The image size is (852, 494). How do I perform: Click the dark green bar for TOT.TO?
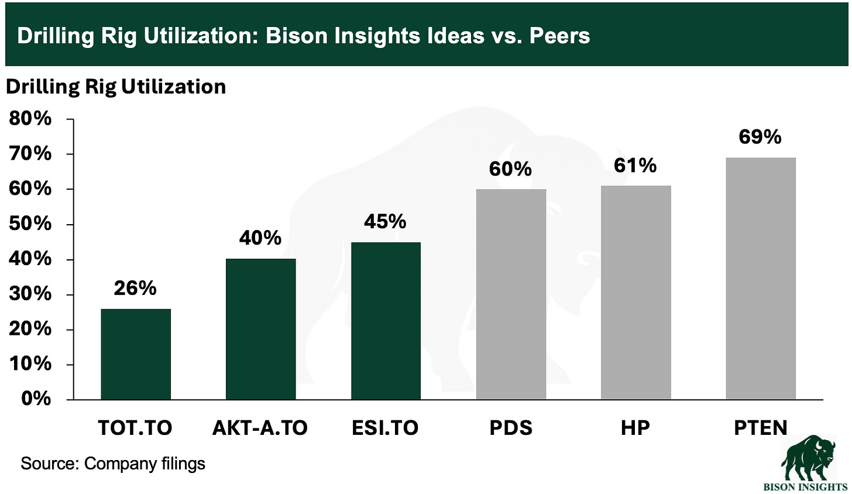point(136,354)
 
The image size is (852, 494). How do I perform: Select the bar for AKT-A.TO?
point(260,329)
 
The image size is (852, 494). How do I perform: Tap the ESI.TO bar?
point(386,321)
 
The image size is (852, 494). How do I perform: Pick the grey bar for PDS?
point(511,294)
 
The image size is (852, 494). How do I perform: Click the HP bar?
point(635,293)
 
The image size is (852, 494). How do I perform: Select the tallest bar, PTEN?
point(761,278)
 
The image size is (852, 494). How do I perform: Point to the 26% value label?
point(135,288)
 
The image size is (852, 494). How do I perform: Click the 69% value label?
point(760,137)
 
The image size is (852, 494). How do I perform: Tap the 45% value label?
point(385,221)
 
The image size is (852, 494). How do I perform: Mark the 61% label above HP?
point(635,166)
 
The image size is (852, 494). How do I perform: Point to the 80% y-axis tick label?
point(30,119)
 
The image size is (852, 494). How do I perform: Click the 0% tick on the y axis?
point(36,399)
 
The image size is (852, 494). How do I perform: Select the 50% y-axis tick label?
point(30,224)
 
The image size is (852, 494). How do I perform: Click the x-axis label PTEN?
point(761,428)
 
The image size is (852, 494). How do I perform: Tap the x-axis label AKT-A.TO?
point(260,428)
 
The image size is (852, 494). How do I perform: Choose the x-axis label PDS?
point(511,428)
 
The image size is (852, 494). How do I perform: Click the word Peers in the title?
point(559,36)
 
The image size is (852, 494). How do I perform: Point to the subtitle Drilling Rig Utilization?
point(116,87)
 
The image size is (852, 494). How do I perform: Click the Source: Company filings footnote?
point(113,464)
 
